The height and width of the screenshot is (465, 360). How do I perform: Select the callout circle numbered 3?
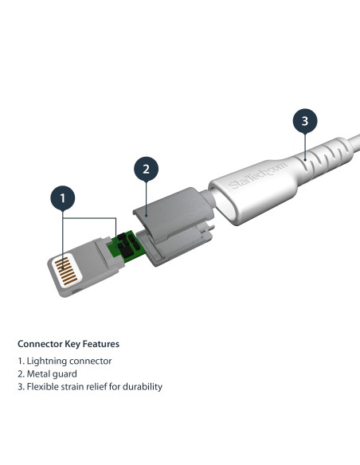click(x=303, y=123)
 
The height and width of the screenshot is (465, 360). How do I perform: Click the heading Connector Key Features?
click(x=68, y=345)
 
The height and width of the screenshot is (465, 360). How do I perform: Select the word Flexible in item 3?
click(x=45, y=386)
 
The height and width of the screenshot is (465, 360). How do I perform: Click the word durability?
click(x=143, y=386)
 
